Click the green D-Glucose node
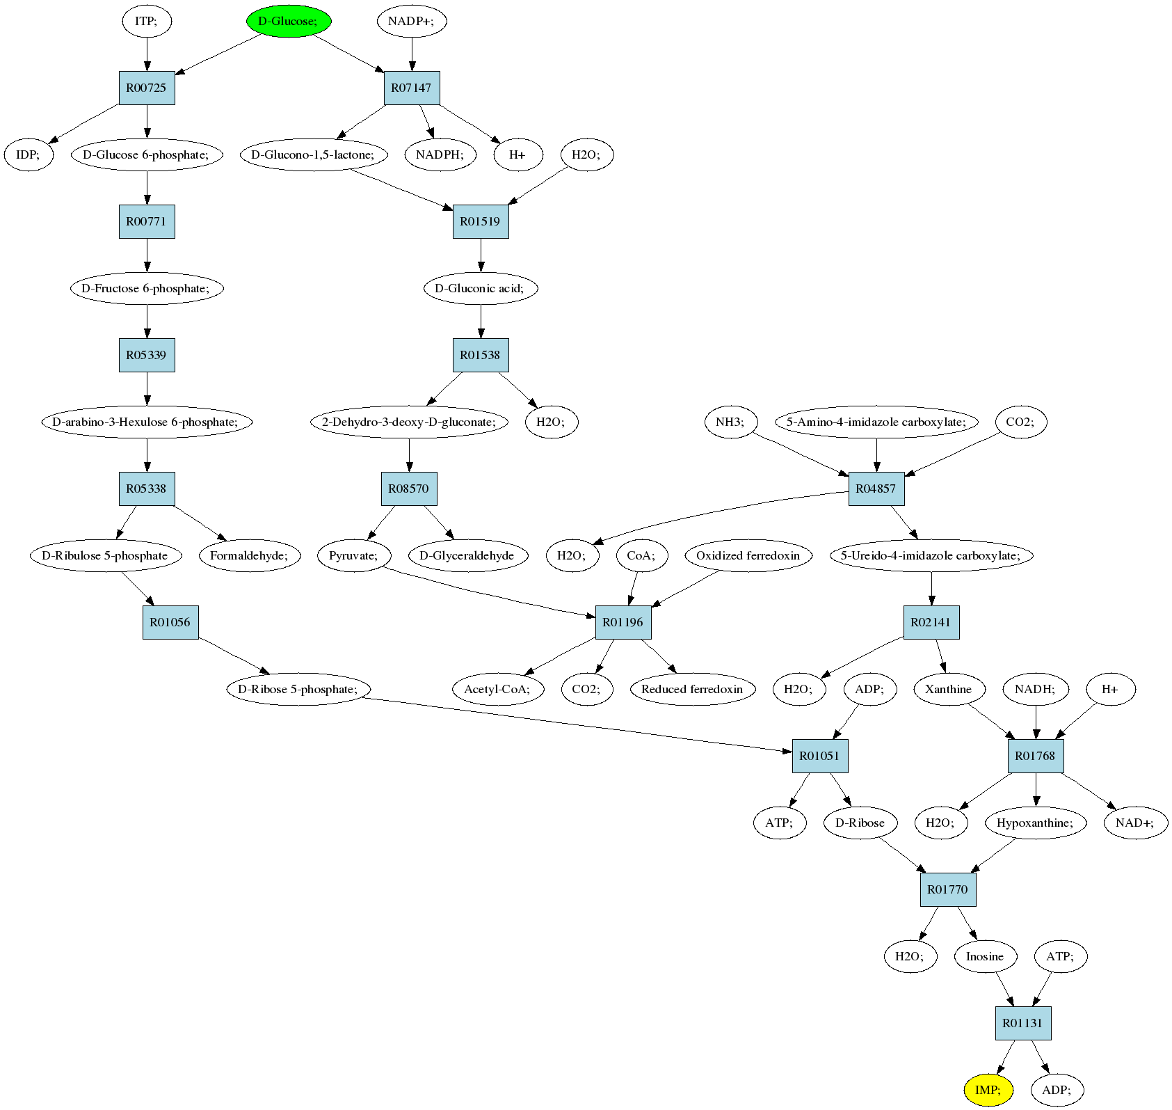[289, 21]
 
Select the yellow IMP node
[988, 1090]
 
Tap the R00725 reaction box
[147, 88]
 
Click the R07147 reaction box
[412, 88]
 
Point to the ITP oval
[147, 21]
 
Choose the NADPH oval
[440, 154]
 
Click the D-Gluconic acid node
[481, 288]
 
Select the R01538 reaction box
[481, 355]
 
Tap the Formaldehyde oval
[250, 555]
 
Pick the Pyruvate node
[354, 555]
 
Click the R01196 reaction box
[623, 622]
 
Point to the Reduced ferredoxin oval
[692, 689]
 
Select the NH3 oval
[731, 422]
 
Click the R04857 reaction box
[876, 489]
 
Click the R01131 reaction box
[1023, 1023]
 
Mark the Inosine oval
[985, 956]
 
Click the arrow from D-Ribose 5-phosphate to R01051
[577, 724]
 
